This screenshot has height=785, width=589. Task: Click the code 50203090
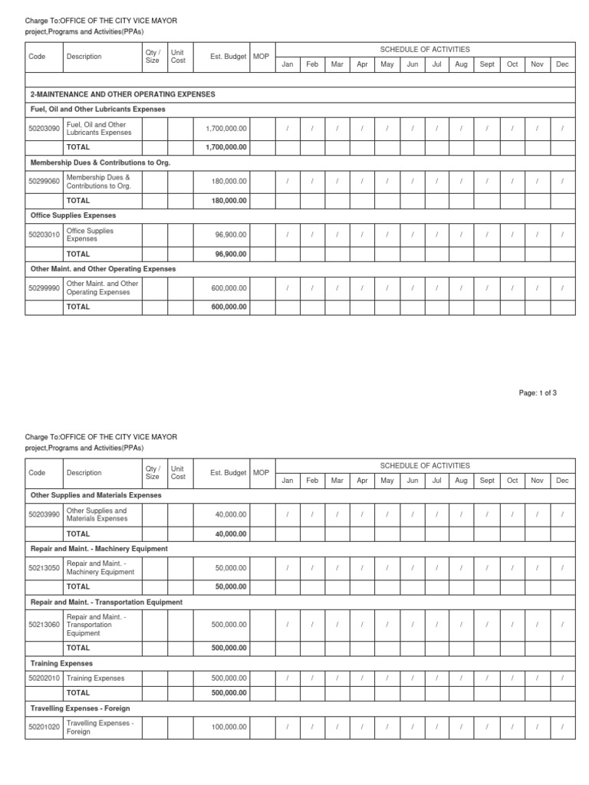pyautogui.click(x=44, y=129)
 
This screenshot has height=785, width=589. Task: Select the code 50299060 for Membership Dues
pyautogui.click(x=44, y=182)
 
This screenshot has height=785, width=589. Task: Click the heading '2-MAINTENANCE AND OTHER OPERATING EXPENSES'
pyautogui.click(x=123, y=94)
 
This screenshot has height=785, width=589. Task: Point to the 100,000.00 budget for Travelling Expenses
pyautogui.click(x=230, y=727)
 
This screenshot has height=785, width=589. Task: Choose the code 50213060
pyautogui.click(x=44, y=625)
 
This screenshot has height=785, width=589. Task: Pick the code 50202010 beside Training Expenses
pyautogui.click(x=44, y=678)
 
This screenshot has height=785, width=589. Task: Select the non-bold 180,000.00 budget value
pyautogui.click(x=230, y=182)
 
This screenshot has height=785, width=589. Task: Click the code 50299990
pyautogui.click(x=44, y=288)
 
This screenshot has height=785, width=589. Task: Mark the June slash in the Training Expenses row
pyautogui.click(x=412, y=678)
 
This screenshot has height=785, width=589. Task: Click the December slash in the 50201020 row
pyautogui.click(x=562, y=727)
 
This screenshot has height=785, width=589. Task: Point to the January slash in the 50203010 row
pyautogui.click(x=288, y=235)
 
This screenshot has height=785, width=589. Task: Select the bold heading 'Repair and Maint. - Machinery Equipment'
pyautogui.click(x=98, y=549)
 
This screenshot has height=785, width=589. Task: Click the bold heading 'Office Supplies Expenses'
pyautogui.click(x=72, y=216)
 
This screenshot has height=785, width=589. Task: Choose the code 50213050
pyautogui.click(x=44, y=568)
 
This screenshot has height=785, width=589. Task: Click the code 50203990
pyautogui.click(x=44, y=515)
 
